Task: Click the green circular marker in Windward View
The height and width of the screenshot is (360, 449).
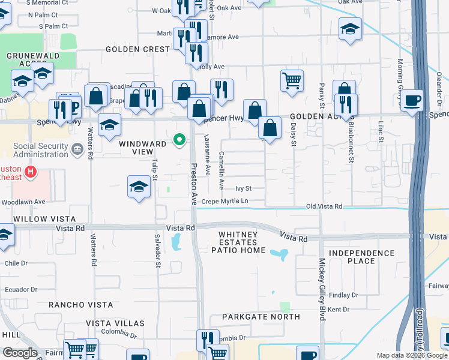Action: click(179, 140)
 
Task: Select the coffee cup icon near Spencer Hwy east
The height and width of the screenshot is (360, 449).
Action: click(412, 100)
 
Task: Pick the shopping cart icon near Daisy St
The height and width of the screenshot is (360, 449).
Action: click(292, 80)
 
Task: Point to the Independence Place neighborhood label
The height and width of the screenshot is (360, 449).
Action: click(361, 257)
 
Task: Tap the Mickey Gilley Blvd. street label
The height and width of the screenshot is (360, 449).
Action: click(322, 290)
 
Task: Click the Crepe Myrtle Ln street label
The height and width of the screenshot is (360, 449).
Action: click(224, 201)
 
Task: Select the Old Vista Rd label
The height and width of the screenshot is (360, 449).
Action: click(324, 206)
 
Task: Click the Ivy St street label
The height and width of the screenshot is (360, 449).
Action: click(243, 188)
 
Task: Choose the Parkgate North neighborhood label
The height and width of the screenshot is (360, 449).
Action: click(261, 316)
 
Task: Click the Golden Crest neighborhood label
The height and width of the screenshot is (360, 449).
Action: click(139, 49)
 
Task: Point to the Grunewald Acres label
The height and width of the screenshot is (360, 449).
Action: click(26, 59)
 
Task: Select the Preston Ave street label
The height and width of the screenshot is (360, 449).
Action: click(194, 184)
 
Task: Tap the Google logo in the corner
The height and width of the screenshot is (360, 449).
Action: click(20, 353)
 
